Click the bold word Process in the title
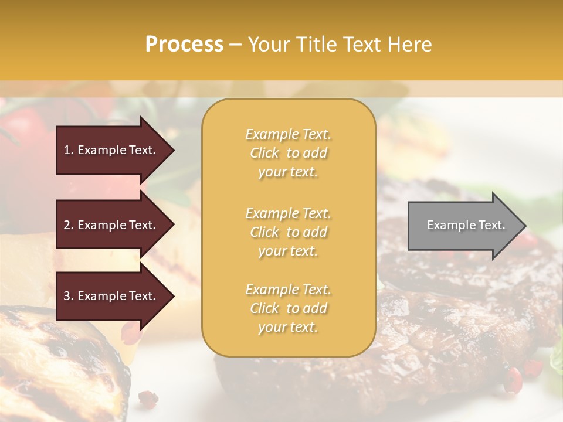coord(184,45)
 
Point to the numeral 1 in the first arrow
coord(67,150)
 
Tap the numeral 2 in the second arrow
coord(67,225)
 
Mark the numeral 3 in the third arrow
coord(67,296)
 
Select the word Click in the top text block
coord(264,153)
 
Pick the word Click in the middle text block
coord(264,232)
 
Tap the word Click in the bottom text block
coord(264,308)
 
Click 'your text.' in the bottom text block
coord(288,327)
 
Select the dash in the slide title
coord(236,45)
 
